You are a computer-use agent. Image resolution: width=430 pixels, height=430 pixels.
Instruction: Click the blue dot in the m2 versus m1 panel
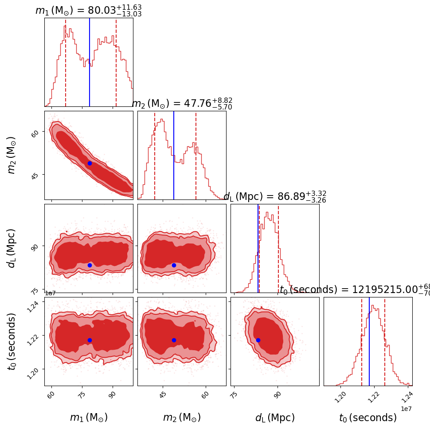coord(90,163)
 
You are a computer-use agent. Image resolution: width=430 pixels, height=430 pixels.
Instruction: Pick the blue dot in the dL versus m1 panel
coord(90,265)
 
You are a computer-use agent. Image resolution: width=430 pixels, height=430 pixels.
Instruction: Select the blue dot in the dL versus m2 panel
coord(174,265)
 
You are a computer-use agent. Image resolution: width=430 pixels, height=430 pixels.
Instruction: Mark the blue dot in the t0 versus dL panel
coord(258,340)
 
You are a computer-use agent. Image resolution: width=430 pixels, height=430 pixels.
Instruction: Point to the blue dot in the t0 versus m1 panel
coord(90,340)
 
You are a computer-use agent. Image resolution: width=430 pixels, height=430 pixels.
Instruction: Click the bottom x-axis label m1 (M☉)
coord(89,418)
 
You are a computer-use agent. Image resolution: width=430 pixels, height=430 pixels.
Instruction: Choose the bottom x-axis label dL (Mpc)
coord(275,418)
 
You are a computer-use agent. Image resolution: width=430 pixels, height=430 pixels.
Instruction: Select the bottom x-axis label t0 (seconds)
coord(368,418)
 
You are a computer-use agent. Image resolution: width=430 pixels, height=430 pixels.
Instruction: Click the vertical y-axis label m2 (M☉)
coord(12,155)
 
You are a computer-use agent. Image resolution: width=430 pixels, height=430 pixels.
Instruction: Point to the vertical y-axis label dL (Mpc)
coord(12,248)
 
